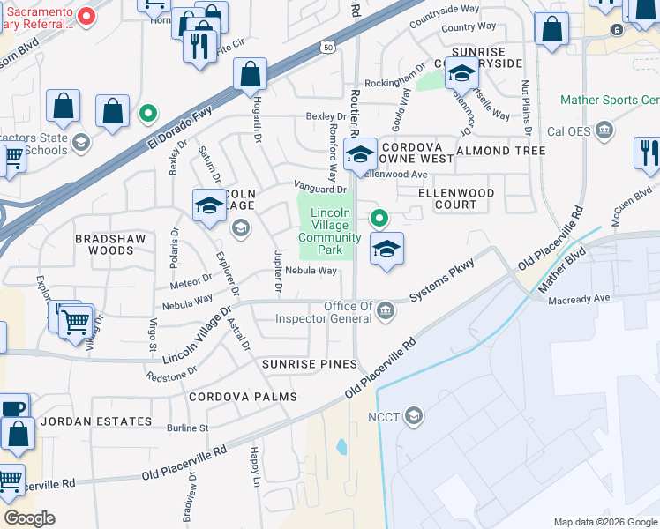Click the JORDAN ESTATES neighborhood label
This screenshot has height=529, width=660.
click(x=96, y=422)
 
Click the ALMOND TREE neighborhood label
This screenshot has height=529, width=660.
click(x=500, y=151)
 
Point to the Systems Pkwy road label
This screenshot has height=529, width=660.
click(x=443, y=283)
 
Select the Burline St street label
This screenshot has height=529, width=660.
click(x=188, y=428)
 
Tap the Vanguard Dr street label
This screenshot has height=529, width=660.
click(x=319, y=189)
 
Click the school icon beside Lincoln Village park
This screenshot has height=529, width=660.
click(x=386, y=250)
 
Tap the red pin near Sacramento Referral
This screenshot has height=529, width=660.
click(x=86, y=16)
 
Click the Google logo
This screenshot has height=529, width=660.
click(x=29, y=518)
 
